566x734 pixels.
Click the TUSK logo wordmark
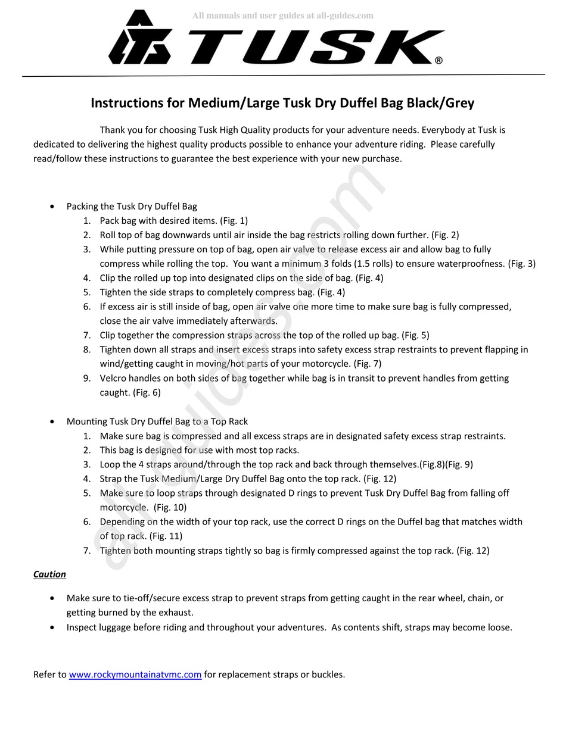(310, 47)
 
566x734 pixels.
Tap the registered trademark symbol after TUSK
(439, 60)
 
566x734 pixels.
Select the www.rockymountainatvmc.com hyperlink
(135, 674)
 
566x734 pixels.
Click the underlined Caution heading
(49, 574)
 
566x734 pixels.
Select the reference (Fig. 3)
(522, 263)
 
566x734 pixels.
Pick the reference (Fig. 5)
(415, 335)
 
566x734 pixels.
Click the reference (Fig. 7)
(368, 363)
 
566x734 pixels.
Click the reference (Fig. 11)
(166, 536)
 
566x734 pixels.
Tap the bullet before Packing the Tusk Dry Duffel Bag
(53, 207)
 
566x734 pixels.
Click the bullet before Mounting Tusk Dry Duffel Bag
(53, 421)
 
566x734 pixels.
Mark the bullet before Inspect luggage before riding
(53, 627)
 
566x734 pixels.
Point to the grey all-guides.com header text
(282, 15)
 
